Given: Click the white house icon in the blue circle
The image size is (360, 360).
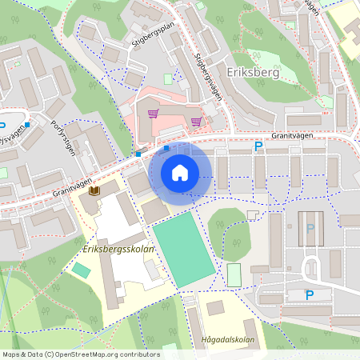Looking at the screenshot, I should pyautogui.click(x=180, y=173).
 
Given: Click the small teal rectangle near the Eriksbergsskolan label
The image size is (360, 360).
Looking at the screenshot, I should pyautogui.click(x=82, y=270).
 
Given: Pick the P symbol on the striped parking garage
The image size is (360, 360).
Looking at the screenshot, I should pyautogui.click(x=310, y=229).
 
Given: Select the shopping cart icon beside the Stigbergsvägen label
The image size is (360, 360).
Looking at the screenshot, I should pyautogui.click(x=196, y=122).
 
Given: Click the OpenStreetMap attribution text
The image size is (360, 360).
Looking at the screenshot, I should pyautogui.click(x=80, y=354).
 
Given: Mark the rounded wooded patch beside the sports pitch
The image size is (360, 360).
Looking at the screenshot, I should pyautogui.click(x=229, y=232).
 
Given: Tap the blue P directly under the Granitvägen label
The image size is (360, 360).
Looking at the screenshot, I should pyautogui.click(x=258, y=146).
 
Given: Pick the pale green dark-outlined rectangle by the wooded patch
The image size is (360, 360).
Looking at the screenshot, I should pyautogui.click(x=234, y=275).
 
